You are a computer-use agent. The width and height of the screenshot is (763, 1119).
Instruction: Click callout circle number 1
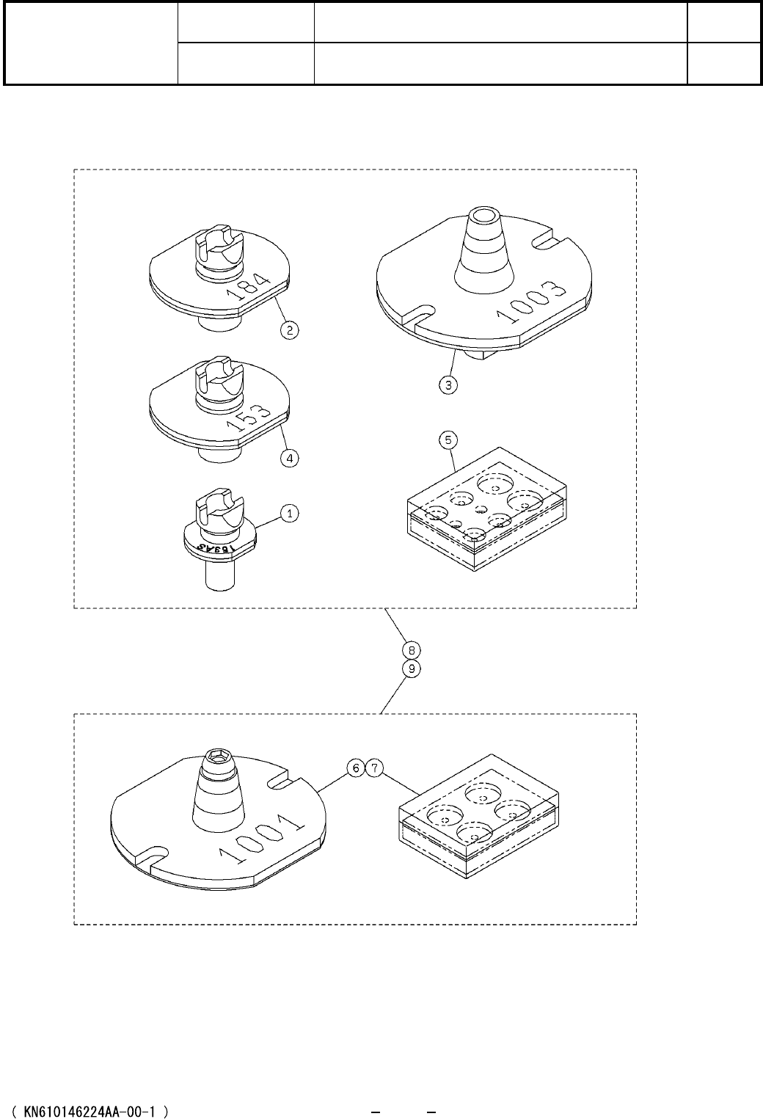click(x=291, y=514)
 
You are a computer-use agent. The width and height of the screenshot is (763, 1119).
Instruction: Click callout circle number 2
click(x=291, y=330)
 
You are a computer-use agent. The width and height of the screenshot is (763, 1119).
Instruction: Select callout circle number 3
click(x=448, y=384)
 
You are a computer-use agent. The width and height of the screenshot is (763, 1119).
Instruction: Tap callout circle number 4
click(x=291, y=457)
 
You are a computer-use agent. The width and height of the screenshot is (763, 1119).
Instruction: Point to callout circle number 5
click(x=448, y=440)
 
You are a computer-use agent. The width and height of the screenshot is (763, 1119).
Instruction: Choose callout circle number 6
click(x=355, y=768)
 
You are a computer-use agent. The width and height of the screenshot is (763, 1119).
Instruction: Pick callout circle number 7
click(x=373, y=768)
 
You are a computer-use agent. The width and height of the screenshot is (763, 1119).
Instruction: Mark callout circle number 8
click(x=412, y=650)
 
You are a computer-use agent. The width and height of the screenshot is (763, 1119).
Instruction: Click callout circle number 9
click(x=412, y=668)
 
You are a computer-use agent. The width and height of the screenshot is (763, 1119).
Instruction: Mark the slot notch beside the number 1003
click(x=552, y=238)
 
